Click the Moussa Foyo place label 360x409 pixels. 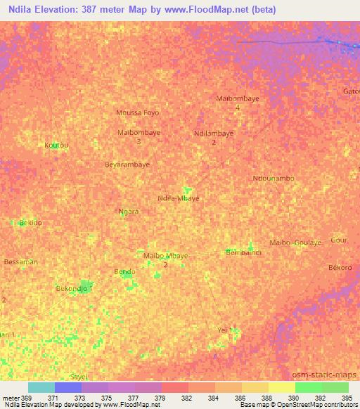pos(137,112)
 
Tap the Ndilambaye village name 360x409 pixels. pos(213,133)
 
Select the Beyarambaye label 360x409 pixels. pos(127,164)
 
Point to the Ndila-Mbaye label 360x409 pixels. pos(179,198)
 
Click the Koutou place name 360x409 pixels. pos(56,145)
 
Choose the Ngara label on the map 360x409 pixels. pos(128,211)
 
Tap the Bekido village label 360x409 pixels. pos(30,222)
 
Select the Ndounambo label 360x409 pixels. pos(273,178)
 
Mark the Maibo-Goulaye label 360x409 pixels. pos(295,242)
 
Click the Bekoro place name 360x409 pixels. pos(340,268)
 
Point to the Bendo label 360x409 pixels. pos(124,271)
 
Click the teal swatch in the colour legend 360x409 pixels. pos(41,387)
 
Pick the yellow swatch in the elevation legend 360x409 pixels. pos(281,387)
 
